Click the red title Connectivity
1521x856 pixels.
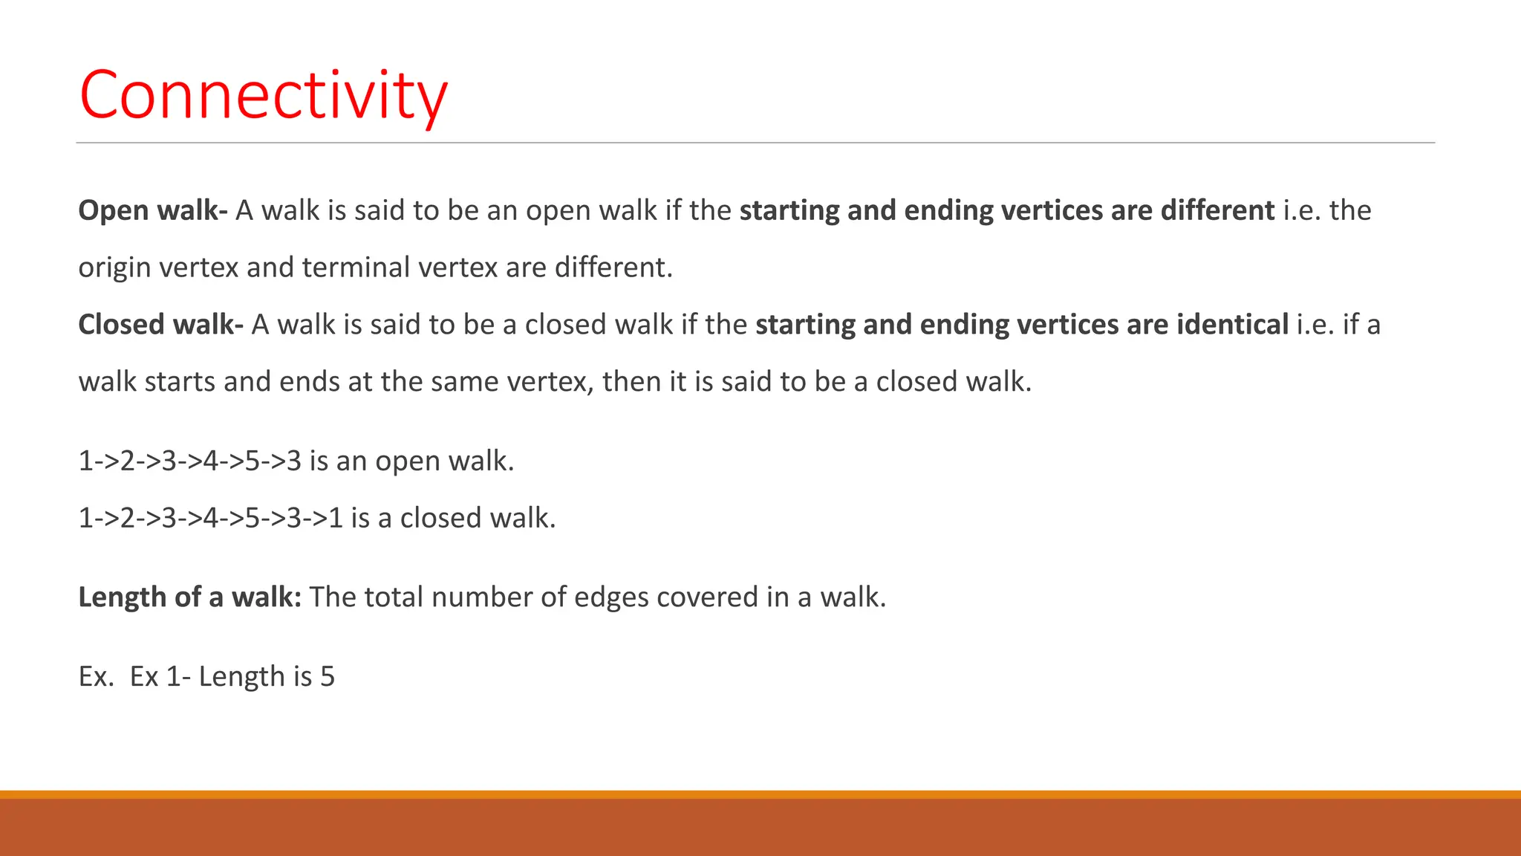click(x=263, y=95)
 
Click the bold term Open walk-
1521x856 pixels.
click(x=152, y=211)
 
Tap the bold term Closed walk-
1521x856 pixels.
click(x=160, y=325)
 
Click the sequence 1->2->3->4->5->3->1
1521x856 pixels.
click(x=210, y=518)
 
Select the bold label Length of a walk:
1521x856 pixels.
click(x=189, y=597)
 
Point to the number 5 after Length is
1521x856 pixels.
click(x=328, y=677)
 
